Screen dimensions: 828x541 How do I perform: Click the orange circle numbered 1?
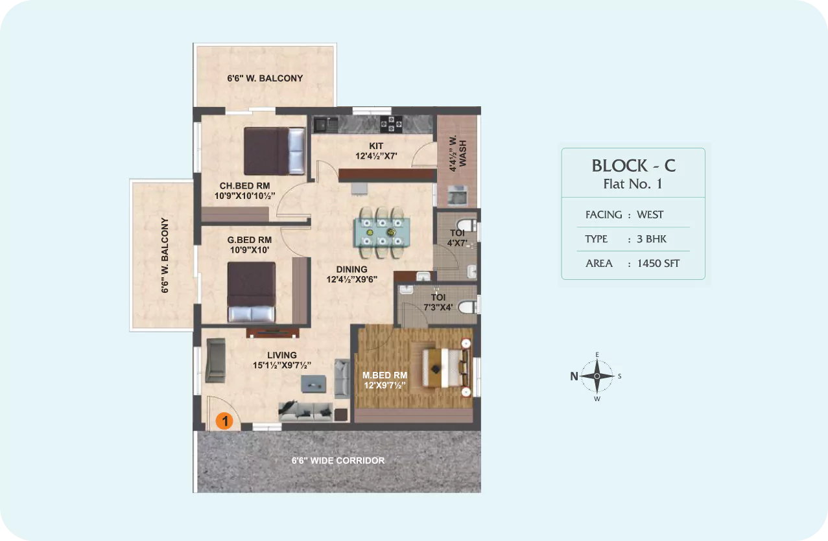click(224, 420)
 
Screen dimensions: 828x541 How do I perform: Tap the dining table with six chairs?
click(382, 233)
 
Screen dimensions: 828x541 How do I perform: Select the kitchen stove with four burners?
click(391, 124)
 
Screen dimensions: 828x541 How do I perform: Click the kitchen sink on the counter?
click(325, 124)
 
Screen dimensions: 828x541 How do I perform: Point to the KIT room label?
click(376, 146)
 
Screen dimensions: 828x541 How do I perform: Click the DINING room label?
click(351, 270)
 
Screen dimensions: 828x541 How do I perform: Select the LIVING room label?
click(281, 355)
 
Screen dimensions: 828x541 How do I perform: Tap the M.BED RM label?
click(384, 375)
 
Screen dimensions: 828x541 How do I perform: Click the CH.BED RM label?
click(244, 186)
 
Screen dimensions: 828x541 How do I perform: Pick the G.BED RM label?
click(250, 240)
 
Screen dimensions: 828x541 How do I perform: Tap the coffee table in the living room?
click(313, 384)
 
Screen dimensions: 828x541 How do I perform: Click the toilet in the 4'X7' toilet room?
click(467, 225)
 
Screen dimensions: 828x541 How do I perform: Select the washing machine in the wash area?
click(458, 195)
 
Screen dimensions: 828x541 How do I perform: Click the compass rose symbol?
click(597, 376)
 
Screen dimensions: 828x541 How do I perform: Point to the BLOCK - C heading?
click(633, 165)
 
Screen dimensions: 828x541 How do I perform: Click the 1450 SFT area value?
click(658, 263)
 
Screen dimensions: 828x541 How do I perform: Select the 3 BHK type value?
click(651, 239)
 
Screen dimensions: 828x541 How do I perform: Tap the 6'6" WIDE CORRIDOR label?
click(338, 461)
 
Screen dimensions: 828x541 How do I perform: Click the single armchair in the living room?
click(215, 360)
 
